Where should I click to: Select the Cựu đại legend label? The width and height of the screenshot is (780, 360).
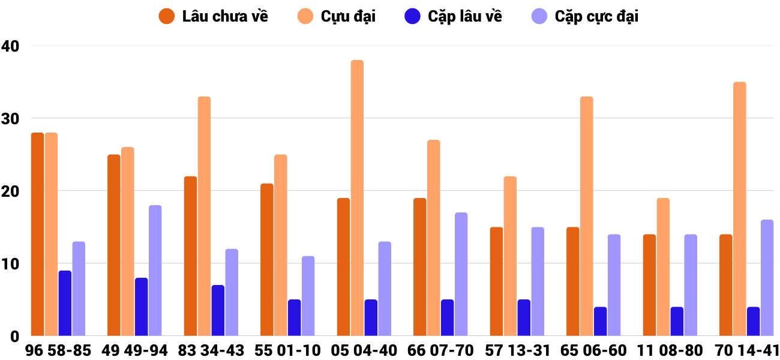(x=348, y=16)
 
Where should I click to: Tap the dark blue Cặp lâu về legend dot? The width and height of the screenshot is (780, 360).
(x=413, y=16)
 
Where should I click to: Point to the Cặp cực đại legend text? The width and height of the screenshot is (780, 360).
(x=596, y=16)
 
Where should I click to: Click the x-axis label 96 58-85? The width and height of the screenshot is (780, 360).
(x=58, y=350)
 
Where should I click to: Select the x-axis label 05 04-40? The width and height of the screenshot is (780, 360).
(x=364, y=350)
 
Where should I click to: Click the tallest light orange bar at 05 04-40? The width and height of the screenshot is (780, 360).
(x=357, y=198)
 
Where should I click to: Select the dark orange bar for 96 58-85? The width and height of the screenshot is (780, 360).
(x=37, y=234)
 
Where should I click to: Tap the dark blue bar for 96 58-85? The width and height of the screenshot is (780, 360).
(x=65, y=303)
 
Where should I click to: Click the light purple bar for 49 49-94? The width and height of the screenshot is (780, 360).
(x=155, y=270)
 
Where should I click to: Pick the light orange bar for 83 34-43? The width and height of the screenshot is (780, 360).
(x=204, y=216)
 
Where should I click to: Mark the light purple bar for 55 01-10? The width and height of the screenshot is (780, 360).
(x=308, y=296)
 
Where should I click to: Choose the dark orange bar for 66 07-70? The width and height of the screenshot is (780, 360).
(x=419, y=267)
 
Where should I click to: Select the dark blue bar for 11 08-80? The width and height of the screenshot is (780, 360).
(x=677, y=321)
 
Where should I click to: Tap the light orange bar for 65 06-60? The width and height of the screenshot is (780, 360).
(x=586, y=216)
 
